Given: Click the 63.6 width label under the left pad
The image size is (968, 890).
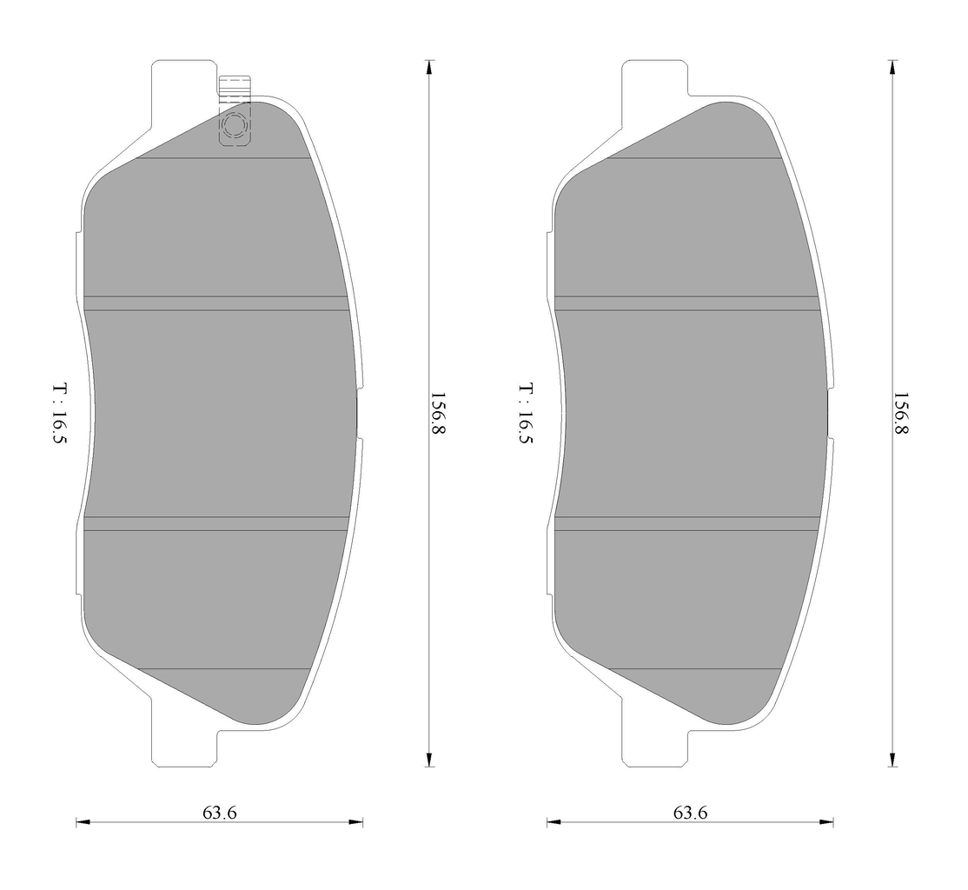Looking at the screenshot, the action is (x=219, y=813).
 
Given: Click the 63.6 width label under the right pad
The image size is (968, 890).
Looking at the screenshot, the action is (x=690, y=813).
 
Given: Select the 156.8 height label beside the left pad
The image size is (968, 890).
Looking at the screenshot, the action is (x=437, y=413).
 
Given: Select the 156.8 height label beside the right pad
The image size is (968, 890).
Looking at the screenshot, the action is (x=901, y=413).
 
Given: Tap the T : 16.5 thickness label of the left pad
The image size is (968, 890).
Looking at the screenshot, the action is (x=60, y=413).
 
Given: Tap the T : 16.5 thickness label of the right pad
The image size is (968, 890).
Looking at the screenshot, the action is (x=526, y=413).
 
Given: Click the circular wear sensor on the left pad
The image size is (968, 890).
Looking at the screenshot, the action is (x=235, y=126).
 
